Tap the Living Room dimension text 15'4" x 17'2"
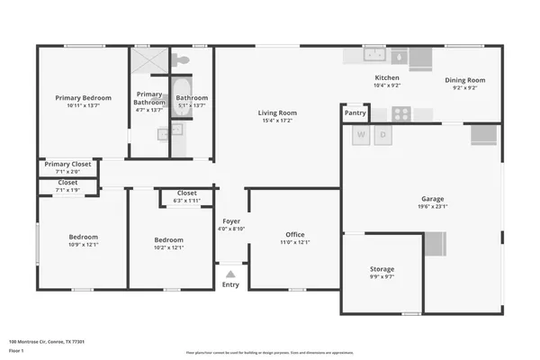279,120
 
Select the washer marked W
362,136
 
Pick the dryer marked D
382,136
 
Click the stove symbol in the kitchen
400,113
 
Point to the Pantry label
355,112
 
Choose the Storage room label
382,269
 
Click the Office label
296,234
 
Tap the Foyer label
231,220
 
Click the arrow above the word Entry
231,274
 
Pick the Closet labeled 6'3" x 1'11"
187,193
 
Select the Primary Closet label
68,164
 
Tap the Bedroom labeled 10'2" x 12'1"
168,239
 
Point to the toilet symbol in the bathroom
183,59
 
